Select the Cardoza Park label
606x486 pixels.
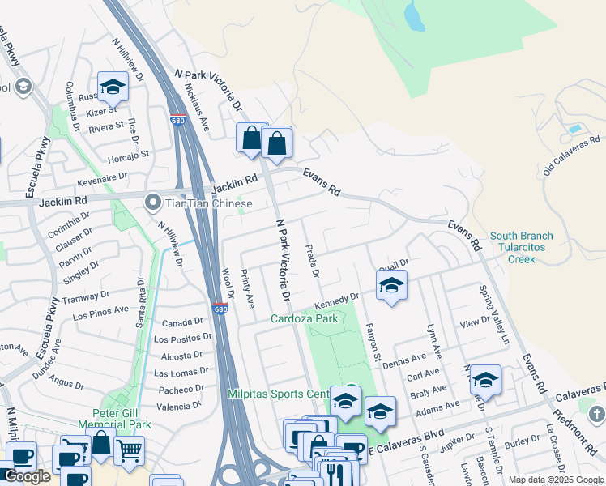pos(304,318)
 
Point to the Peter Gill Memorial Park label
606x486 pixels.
pos(114,419)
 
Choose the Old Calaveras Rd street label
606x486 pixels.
pos(572,155)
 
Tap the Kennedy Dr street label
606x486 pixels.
pos(336,301)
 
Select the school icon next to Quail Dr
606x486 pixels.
pos(391,286)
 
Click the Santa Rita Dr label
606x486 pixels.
pos(141,301)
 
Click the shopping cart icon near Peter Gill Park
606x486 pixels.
pos(129,451)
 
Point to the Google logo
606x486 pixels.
pos(27,476)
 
